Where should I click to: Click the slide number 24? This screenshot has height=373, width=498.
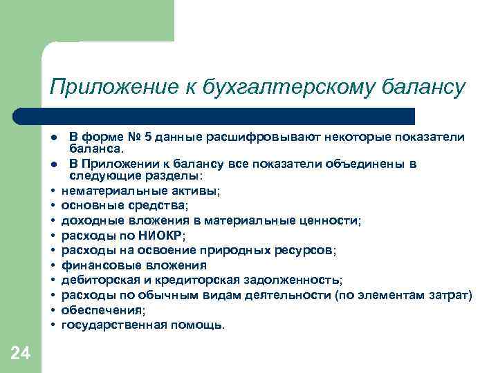tap(20, 354)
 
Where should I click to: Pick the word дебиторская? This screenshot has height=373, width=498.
tap(93, 280)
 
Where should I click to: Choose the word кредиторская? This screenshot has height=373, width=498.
tap(212, 280)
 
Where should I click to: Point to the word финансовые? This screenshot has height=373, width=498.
tap(93, 265)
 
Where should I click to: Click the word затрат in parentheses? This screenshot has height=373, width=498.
tap(450, 295)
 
